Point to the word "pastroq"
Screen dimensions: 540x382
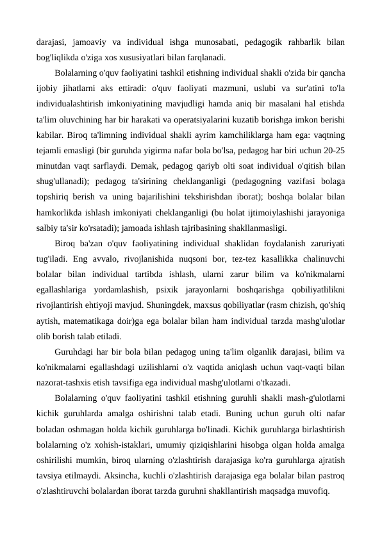pyautogui.click(x=329, y=481)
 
